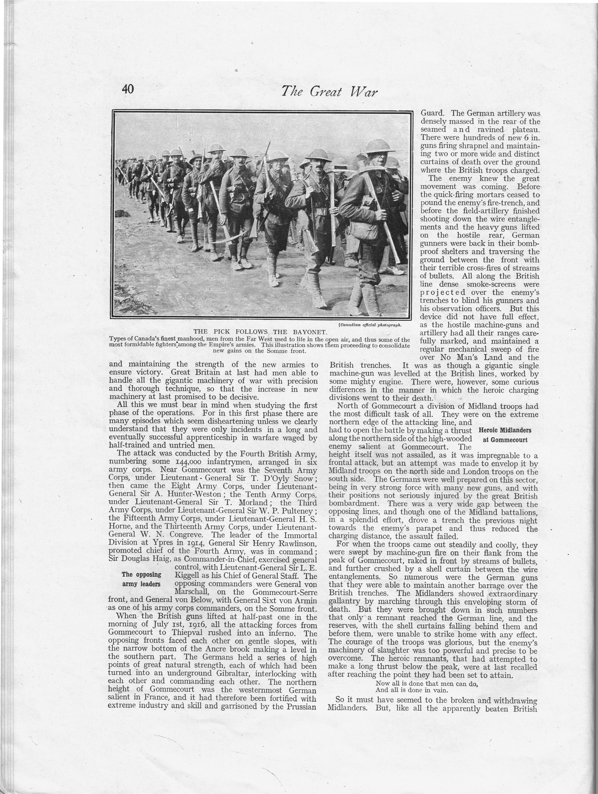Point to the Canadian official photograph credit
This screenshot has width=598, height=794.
point(370,325)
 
